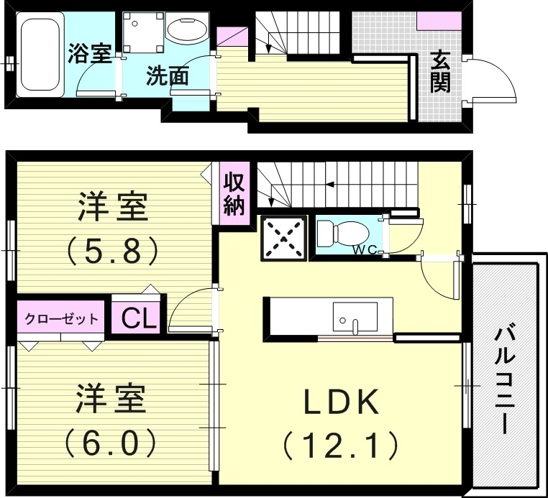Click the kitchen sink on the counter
click(x=355, y=317)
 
